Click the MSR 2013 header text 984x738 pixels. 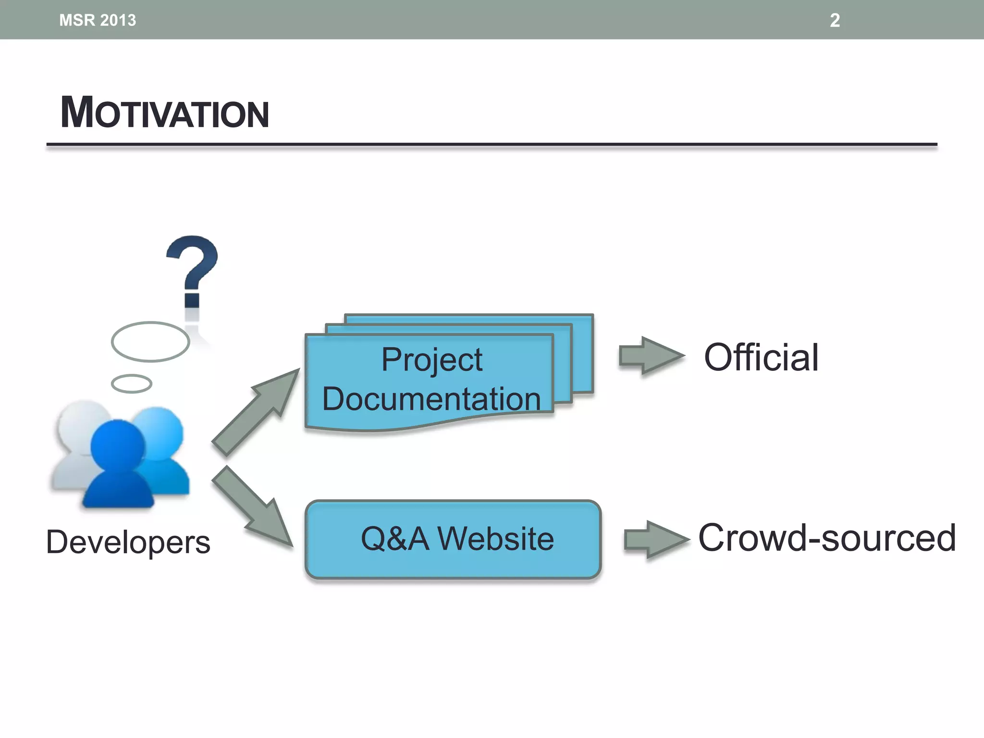click(98, 20)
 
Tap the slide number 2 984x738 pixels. click(835, 20)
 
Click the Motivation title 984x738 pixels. click(164, 113)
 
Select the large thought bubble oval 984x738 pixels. click(150, 342)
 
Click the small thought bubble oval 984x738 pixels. click(131, 383)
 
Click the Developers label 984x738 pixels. click(128, 542)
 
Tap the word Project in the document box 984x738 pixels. click(431, 359)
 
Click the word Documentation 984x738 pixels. click(431, 399)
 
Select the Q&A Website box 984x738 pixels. click(453, 539)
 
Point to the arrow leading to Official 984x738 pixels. click(651, 356)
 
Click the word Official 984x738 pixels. click(761, 357)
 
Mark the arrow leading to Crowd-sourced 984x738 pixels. click(656, 540)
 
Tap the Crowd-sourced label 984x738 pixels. click(826, 538)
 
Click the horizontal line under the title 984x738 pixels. click(492, 144)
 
